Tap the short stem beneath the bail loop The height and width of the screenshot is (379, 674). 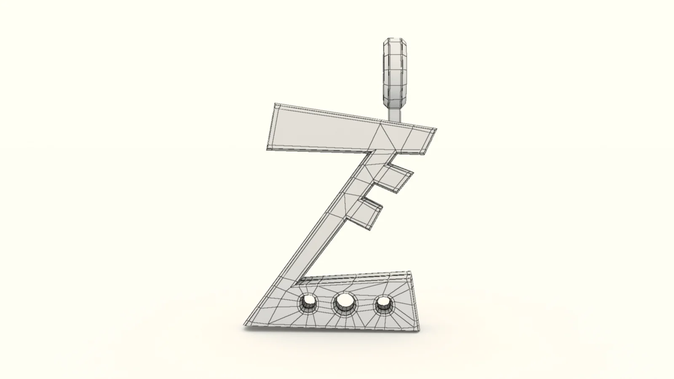pos(395,113)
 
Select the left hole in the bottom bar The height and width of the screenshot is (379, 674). pos(308,302)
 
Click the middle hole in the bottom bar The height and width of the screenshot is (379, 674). pos(345,301)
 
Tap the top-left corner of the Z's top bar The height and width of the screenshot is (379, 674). pos(274,104)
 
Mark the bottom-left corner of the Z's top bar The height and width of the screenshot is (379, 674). pos(268,149)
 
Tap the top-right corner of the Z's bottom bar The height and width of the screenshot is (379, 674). pos(410,272)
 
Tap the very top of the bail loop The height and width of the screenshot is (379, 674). pos(395,39)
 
